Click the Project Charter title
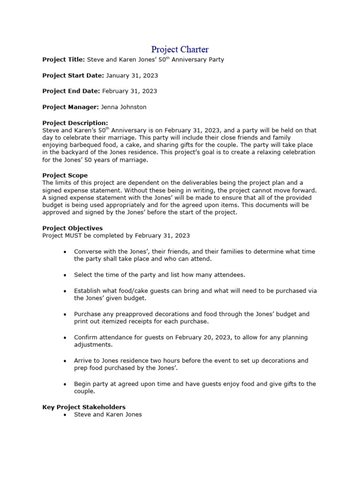coord(180,49)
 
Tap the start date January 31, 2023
coord(132,75)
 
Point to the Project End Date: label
coord(71,91)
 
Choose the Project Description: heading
coord(75,123)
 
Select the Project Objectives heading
coord(72,228)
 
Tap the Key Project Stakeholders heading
coord(83,407)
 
